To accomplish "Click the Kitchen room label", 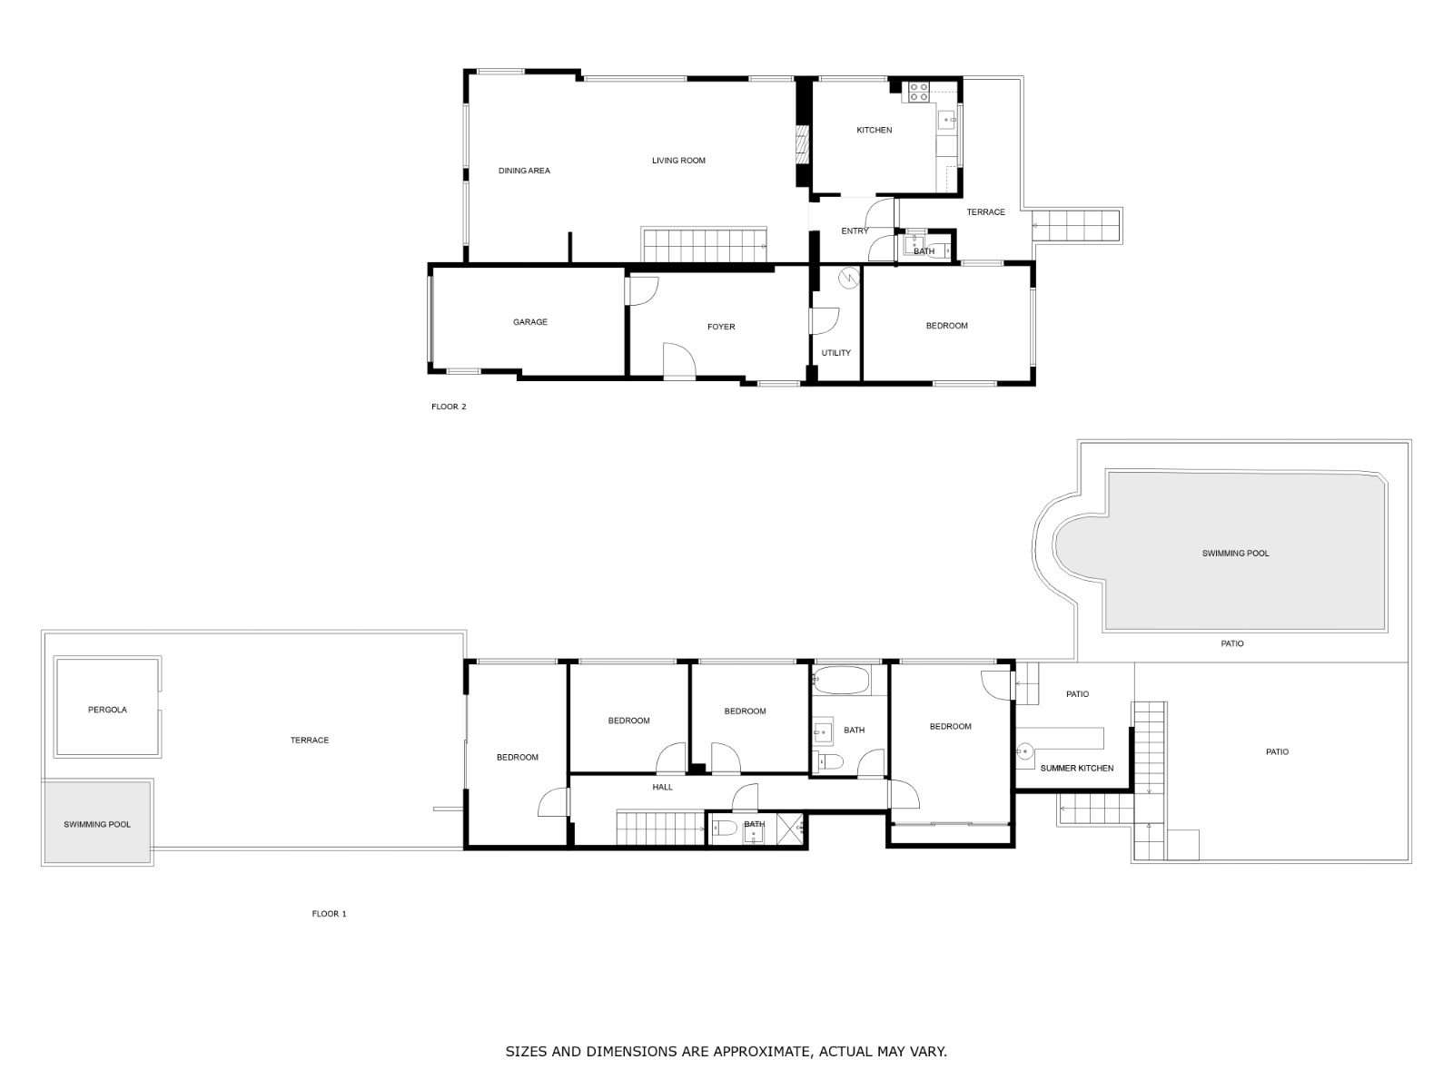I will pyautogui.click(x=874, y=131).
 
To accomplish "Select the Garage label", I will pyautogui.click(x=530, y=322).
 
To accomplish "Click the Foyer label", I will pyautogui.click(x=721, y=327).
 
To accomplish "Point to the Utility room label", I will pyautogui.click(x=836, y=353).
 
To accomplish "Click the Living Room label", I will pyautogui.click(x=678, y=161).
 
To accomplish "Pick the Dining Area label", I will pyautogui.click(x=524, y=171).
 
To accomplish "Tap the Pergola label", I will pyautogui.click(x=107, y=710).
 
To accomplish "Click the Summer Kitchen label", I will pyautogui.click(x=1076, y=769).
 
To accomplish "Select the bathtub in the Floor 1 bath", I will pyautogui.click(x=841, y=680).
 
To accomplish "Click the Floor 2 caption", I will pyautogui.click(x=449, y=407).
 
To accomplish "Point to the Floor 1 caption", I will pyautogui.click(x=329, y=914).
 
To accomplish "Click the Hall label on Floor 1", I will pyautogui.click(x=662, y=787).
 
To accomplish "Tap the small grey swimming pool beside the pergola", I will pyautogui.click(x=96, y=823).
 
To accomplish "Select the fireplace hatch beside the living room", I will pyautogui.click(x=802, y=143).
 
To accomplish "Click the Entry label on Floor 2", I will pyautogui.click(x=855, y=231).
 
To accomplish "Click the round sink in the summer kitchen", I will pyautogui.click(x=1024, y=751).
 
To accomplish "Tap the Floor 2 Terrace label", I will pyautogui.click(x=985, y=212).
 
